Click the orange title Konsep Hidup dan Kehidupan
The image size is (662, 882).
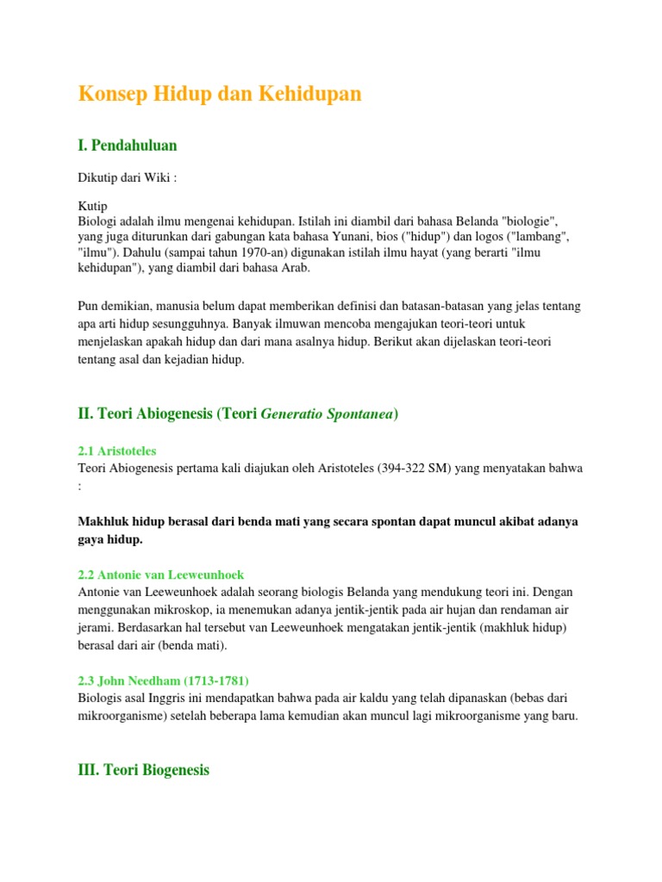point(220,95)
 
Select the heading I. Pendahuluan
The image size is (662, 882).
point(128,146)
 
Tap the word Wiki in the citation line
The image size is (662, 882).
point(159,177)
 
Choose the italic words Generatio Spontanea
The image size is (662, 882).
point(327,414)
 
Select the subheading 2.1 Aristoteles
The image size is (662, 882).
point(117,451)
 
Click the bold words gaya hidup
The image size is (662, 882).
point(109,539)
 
